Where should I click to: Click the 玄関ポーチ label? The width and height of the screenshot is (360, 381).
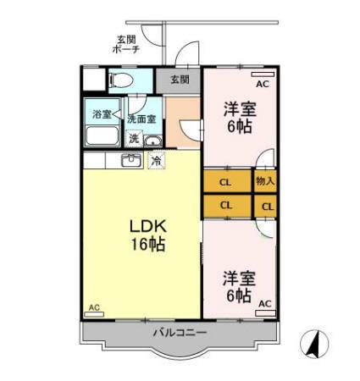tap(128, 44)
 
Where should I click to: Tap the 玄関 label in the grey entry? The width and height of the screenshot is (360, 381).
tap(179, 80)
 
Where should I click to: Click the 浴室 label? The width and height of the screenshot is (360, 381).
tap(102, 114)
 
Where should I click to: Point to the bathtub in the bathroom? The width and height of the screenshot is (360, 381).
tap(103, 137)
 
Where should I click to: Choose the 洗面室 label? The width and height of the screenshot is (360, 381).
tap(141, 119)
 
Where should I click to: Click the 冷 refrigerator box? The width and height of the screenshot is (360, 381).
tap(156, 160)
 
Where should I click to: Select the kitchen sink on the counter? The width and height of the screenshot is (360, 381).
tap(130, 160)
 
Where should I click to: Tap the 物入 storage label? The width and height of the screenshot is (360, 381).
tap(265, 181)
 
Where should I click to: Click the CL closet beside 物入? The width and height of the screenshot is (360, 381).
tap(226, 181)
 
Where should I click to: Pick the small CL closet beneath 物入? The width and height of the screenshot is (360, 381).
tap(267, 206)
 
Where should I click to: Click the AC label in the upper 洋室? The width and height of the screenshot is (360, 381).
tap(262, 84)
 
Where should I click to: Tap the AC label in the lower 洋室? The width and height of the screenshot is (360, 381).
tap(264, 303)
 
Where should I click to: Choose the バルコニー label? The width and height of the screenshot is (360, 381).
tap(180, 333)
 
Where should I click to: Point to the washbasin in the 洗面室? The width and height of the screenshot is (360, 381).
tap(152, 141)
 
